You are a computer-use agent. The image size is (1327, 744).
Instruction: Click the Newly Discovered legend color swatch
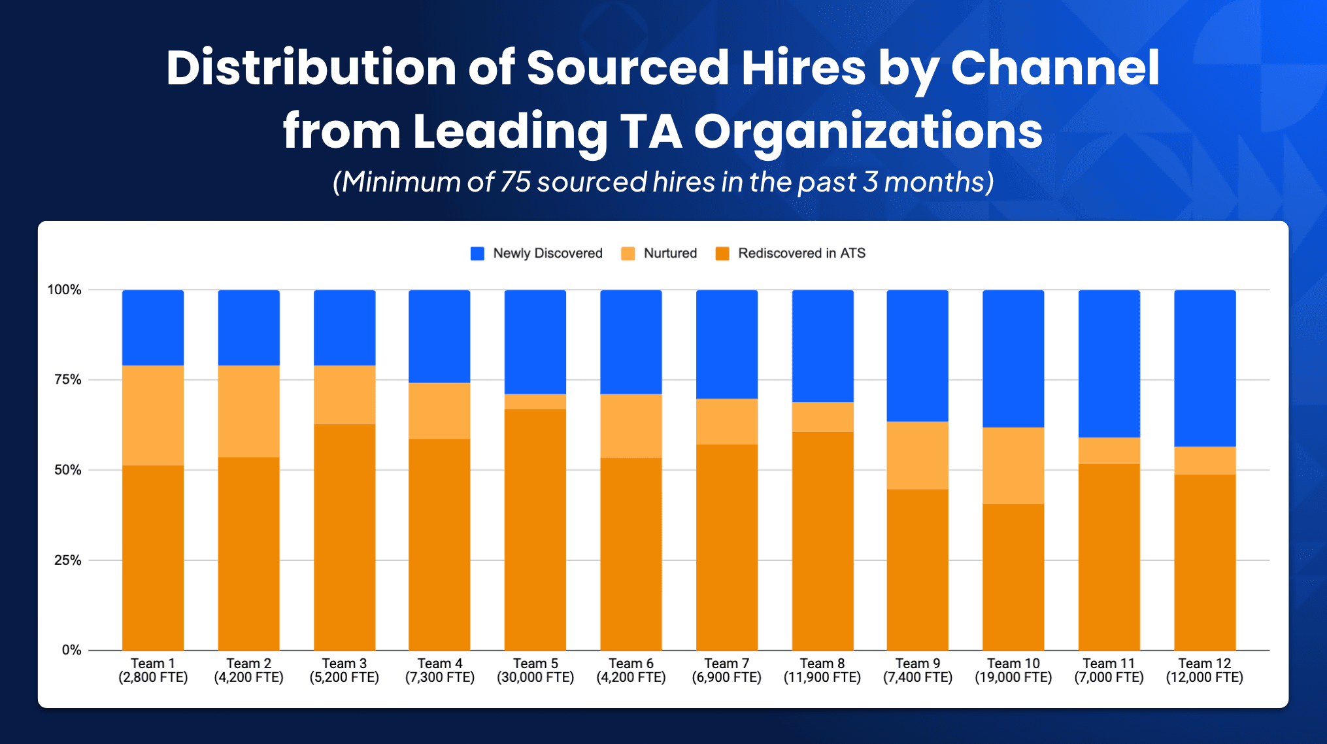(x=477, y=254)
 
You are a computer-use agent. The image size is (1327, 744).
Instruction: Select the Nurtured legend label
(x=669, y=254)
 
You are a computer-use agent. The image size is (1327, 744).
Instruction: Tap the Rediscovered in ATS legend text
(x=801, y=254)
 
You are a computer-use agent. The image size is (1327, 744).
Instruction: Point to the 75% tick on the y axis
(x=67, y=380)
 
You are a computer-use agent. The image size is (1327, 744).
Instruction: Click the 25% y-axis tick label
(x=67, y=560)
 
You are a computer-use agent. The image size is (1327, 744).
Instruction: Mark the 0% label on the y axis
(x=71, y=650)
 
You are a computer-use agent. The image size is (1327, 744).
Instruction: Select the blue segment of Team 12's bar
(x=1204, y=368)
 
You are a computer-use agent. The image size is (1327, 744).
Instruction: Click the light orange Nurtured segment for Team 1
(x=153, y=415)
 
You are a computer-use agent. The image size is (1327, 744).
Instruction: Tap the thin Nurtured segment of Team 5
(x=535, y=401)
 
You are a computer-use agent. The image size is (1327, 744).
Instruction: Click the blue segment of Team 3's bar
(x=344, y=328)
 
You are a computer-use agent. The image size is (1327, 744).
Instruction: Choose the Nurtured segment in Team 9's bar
(x=917, y=455)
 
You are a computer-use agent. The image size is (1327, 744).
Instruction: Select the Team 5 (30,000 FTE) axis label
(x=535, y=671)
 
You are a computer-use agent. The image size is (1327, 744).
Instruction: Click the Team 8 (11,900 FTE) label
(x=822, y=671)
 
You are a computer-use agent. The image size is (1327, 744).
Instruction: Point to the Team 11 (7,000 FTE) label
(x=1109, y=671)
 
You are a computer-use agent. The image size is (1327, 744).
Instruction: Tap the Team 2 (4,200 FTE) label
(x=248, y=671)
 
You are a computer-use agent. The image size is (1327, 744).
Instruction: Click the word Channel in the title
(x=1054, y=68)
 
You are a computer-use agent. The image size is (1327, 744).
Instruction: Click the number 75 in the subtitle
(x=515, y=182)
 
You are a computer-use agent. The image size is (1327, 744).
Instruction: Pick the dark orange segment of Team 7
(x=726, y=547)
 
